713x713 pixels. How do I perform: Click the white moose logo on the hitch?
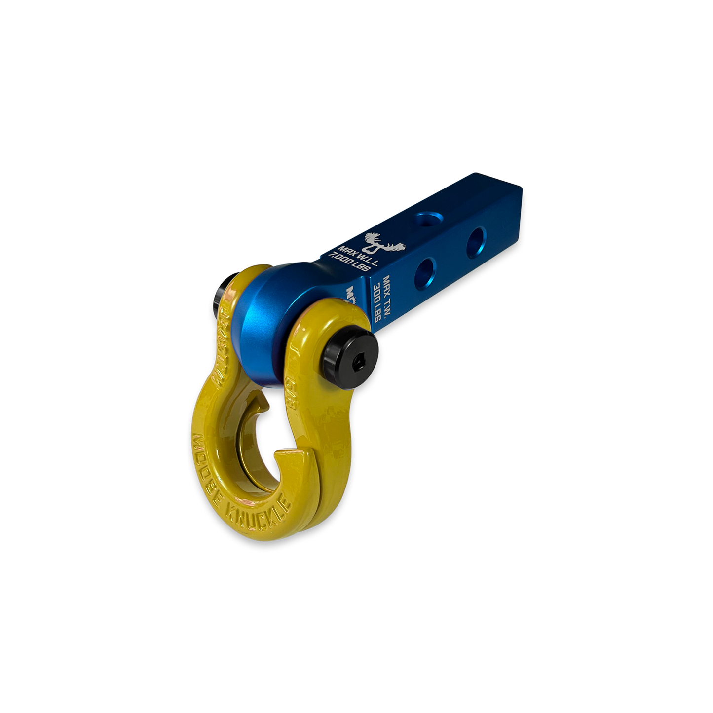point(382,242)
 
